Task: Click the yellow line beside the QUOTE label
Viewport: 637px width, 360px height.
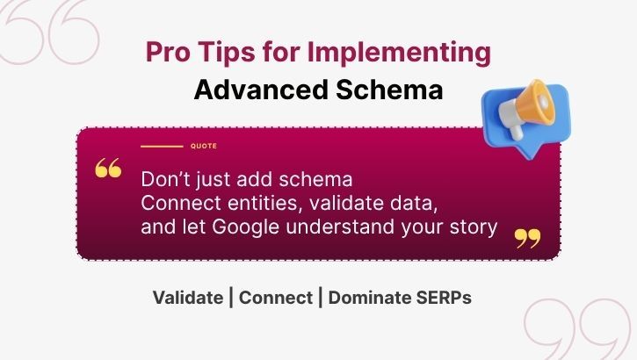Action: coord(162,146)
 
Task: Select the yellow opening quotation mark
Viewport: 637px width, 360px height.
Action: coord(108,169)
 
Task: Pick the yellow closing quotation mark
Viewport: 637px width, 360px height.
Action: coord(527,237)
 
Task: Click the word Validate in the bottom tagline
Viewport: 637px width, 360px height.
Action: coord(187,298)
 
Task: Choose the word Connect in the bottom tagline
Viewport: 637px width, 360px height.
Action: coord(275,298)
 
